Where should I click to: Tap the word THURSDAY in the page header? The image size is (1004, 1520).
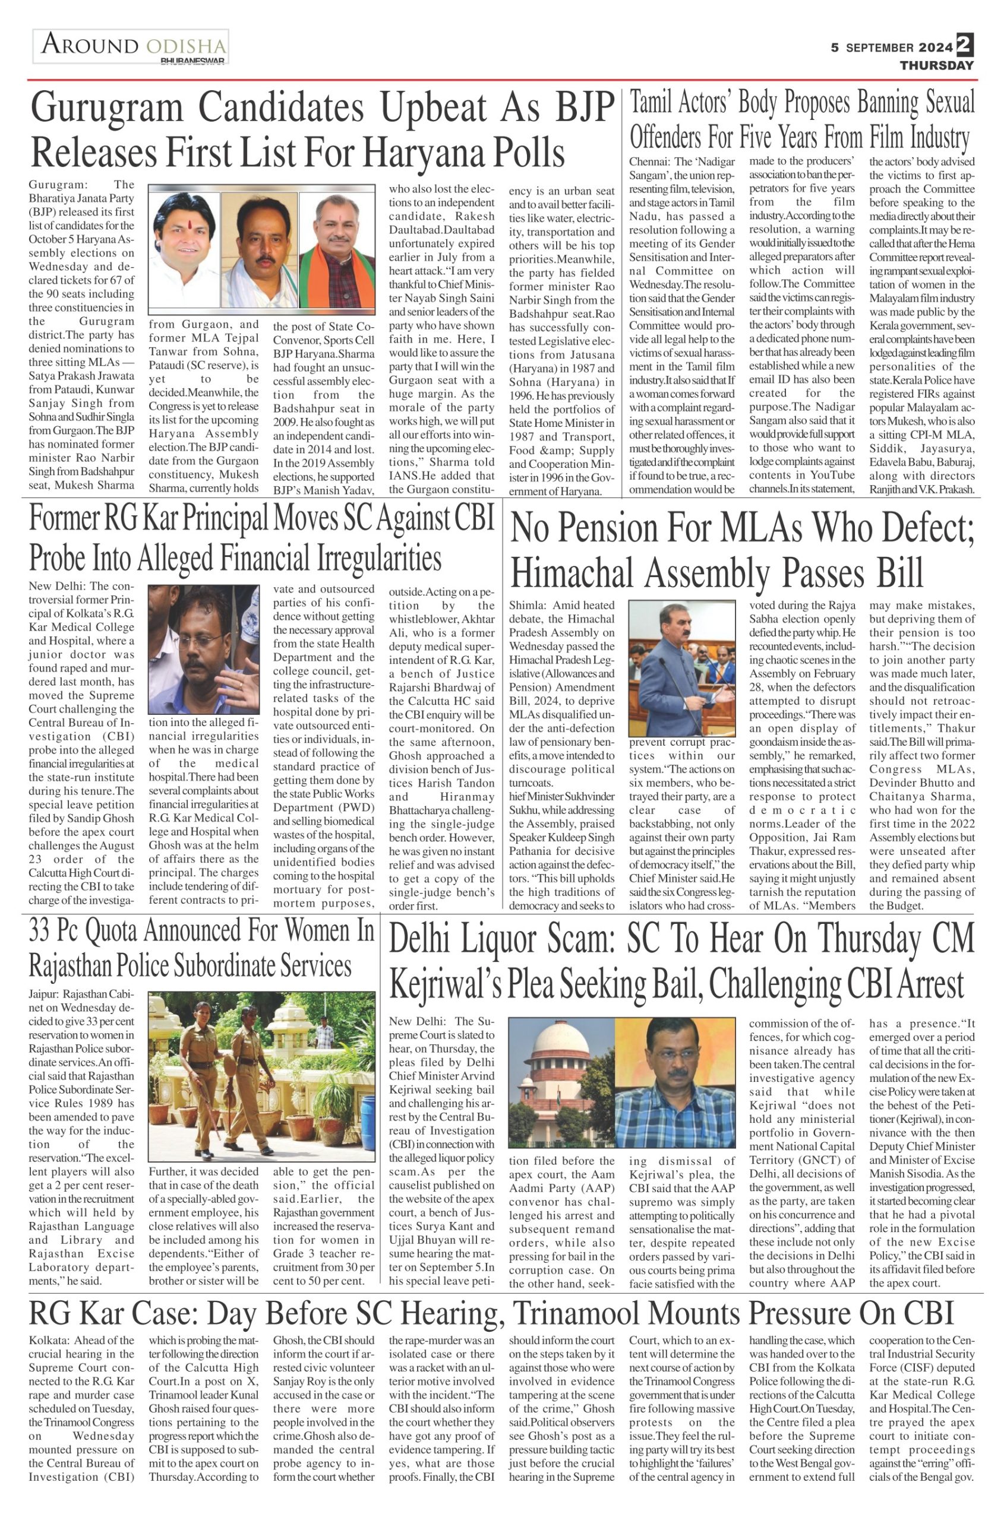pos(936,65)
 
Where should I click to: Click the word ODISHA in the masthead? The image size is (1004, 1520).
pos(187,47)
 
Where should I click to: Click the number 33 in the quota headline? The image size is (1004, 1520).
pos(43,932)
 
